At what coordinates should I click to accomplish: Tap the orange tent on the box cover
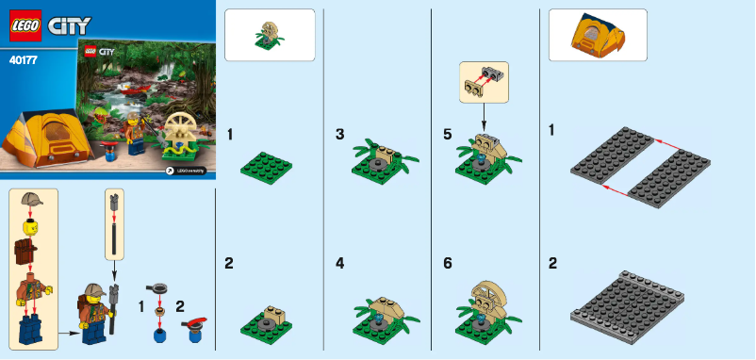49,140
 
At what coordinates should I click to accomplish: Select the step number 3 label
339,135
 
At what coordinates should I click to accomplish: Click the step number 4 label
339,264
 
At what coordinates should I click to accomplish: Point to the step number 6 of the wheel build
448,264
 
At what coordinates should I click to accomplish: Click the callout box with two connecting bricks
483,82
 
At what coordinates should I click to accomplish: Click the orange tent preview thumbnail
597,35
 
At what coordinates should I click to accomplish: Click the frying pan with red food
193,325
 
